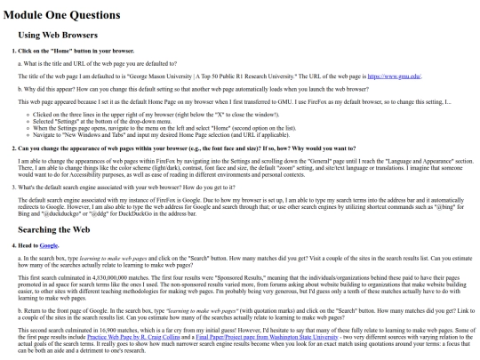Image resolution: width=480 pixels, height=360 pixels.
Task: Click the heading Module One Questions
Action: click(72, 15)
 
